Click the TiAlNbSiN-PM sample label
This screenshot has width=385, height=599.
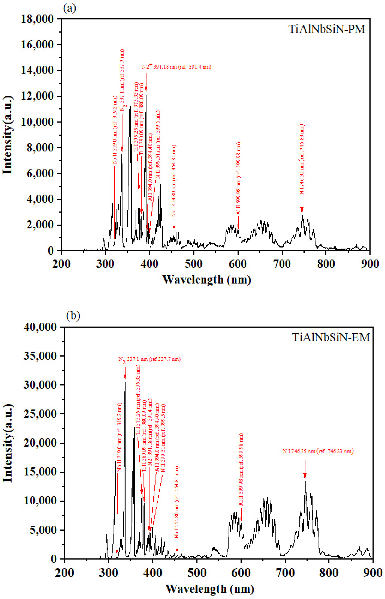tap(327, 29)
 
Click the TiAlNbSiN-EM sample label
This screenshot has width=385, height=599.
tap(331, 337)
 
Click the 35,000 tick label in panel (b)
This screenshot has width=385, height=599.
tap(40, 356)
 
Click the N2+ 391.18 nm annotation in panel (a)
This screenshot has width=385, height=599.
tap(177, 67)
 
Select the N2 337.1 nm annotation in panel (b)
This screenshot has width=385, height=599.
tap(149, 359)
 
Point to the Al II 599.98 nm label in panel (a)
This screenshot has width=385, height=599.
tap(239, 178)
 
